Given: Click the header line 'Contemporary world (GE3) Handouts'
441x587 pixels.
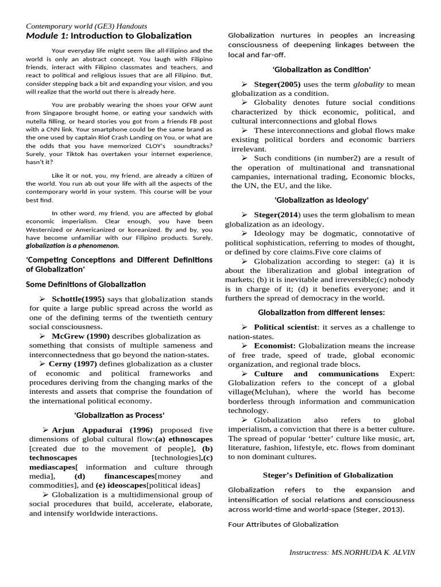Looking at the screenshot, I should click(x=86, y=26).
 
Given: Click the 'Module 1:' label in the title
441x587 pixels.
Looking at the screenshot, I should click(x=48, y=36).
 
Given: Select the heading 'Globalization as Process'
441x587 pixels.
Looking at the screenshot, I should click(x=119, y=415).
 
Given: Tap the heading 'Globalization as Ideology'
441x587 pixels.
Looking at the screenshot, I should click(x=321, y=199).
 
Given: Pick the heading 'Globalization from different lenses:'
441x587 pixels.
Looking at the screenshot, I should click(x=321, y=312).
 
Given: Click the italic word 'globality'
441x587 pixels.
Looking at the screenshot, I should click(x=367, y=84).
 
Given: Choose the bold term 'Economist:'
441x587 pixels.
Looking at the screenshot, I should click(x=274, y=346).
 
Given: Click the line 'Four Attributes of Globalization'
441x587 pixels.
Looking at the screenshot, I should click(x=283, y=524).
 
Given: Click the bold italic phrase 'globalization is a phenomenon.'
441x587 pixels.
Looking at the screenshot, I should click(x=73, y=246).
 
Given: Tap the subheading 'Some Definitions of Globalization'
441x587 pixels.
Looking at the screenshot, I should click(x=86, y=284).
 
